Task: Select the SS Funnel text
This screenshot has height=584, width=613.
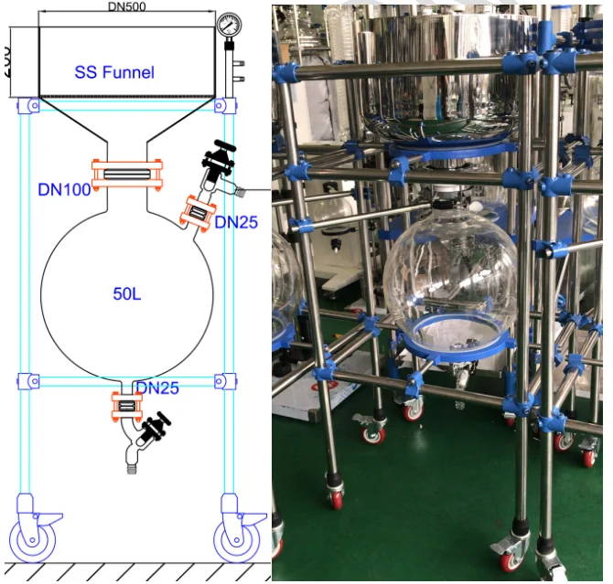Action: click(114, 72)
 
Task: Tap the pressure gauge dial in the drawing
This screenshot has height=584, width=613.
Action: click(228, 26)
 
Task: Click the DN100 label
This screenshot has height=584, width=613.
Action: click(62, 190)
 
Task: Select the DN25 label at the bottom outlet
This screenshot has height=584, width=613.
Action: click(157, 388)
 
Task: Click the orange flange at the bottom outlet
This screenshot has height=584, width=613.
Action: click(128, 406)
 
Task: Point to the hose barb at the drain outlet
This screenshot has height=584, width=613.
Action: click(134, 466)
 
